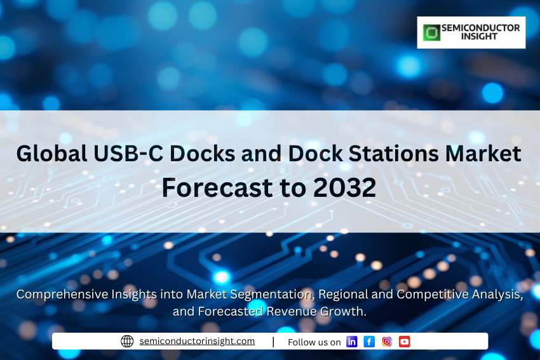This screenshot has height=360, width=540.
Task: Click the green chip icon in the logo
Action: (431, 32)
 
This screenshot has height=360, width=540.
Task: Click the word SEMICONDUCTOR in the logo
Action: (481, 28)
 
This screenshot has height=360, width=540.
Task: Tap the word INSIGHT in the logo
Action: (479, 36)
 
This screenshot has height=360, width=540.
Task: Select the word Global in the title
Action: (51, 154)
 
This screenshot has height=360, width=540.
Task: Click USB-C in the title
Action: (128, 154)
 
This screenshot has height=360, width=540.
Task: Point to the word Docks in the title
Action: (202, 154)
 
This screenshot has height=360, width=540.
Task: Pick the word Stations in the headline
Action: (393, 154)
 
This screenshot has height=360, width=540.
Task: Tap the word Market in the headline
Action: (483, 154)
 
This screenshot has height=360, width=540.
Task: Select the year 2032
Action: (345, 187)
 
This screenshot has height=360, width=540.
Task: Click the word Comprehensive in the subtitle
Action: (62, 295)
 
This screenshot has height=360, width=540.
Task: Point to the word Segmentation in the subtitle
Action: (272, 295)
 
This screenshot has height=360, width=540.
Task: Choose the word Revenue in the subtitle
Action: (292, 312)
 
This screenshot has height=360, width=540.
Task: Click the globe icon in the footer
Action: (127, 342)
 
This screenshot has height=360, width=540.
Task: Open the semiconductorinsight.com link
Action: (197, 341)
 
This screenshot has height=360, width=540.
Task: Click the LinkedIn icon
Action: (351, 342)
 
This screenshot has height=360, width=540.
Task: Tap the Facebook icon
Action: (369, 342)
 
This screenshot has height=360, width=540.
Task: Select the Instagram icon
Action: (387, 342)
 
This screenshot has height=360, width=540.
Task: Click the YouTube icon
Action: (405, 342)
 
